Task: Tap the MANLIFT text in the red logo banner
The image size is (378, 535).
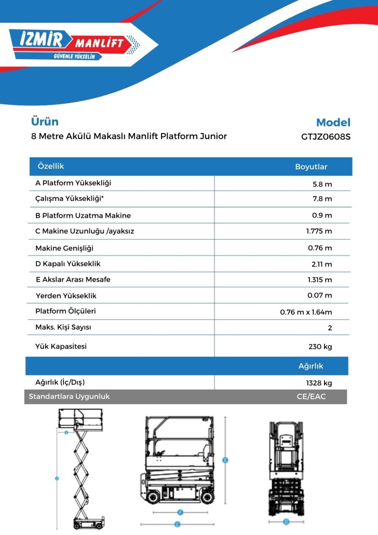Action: coord(99,43)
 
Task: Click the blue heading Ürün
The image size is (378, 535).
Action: coord(45,122)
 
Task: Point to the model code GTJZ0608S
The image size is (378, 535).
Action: coord(326,138)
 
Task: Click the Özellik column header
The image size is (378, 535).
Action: coord(51,166)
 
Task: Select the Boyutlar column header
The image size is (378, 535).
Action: coord(311,167)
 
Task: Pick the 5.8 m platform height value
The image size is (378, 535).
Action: coord(322,184)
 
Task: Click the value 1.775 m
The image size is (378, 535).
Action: coord(319,232)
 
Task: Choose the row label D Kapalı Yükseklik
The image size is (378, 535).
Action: coord(68,264)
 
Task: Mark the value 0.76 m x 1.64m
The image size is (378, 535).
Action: coord(306,312)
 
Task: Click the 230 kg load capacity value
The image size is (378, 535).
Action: coord(320,347)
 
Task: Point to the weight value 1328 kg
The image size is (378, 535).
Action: coord(319,383)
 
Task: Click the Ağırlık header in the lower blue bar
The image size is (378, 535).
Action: coord(310,366)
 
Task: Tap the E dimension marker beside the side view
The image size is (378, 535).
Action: coord(225,461)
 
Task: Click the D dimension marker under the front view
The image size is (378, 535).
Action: coord(286,521)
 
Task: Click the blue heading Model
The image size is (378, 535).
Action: coord(333,123)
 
